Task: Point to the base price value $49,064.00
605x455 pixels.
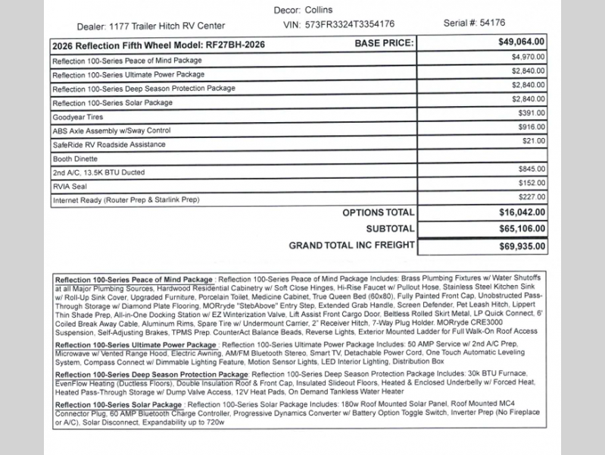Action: [520, 44]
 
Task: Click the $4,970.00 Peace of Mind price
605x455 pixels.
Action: [528, 58]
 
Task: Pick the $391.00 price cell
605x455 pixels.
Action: [532, 112]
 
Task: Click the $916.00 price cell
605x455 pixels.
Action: [532, 127]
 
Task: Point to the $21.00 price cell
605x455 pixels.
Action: [534, 140]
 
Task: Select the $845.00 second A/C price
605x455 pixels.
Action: [532, 168]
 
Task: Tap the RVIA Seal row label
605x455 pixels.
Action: [70, 187]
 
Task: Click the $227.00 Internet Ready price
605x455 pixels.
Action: [532, 196]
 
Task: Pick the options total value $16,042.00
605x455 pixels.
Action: [520, 214]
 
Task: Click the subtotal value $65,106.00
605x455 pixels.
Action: [520, 229]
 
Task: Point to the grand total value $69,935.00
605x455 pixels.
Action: [520, 246]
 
